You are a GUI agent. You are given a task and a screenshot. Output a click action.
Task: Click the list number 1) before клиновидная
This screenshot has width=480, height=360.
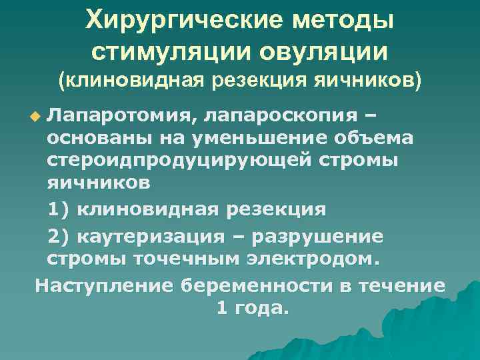click(x=59, y=209)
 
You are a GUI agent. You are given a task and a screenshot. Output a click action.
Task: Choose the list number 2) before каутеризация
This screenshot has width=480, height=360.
click(x=59, y=237)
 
